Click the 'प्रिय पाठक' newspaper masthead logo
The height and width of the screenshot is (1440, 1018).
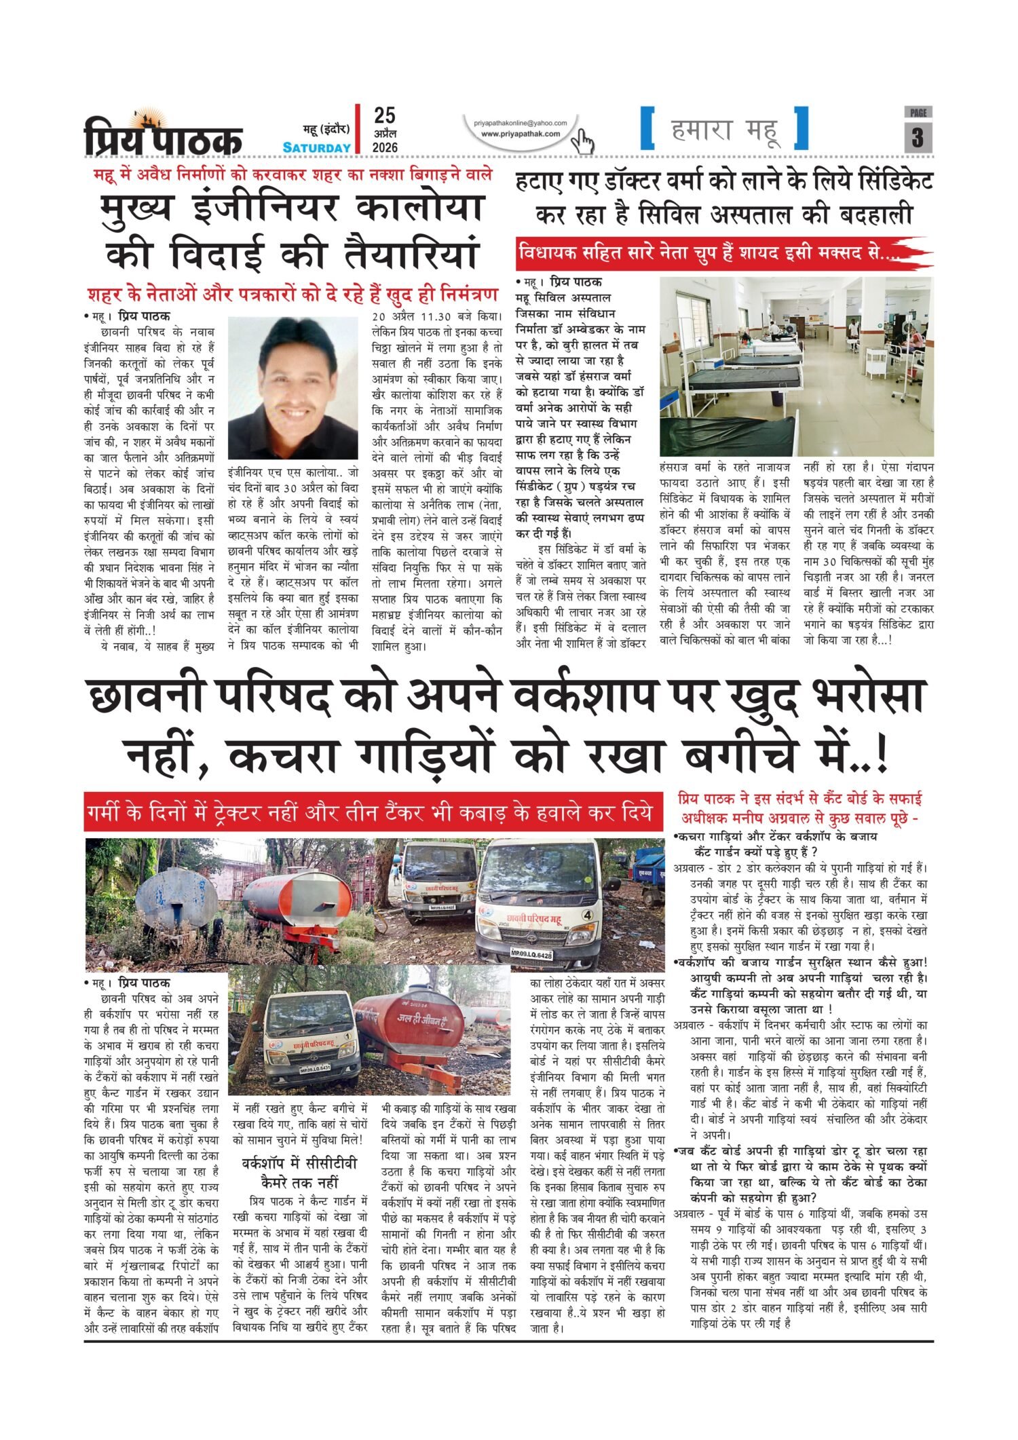pos(163,134)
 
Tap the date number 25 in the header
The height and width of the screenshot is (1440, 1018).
pos(384,116)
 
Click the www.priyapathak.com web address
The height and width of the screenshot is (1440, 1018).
pos(521,134)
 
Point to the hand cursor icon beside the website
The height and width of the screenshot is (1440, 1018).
pos(582,141)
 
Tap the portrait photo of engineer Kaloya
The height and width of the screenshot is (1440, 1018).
pos(293,387)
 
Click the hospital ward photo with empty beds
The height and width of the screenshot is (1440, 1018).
pos(796,366)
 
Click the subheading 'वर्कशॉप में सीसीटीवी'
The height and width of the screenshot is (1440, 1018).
pos(299,1163)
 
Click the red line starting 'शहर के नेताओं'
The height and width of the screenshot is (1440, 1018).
pos(293,296)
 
